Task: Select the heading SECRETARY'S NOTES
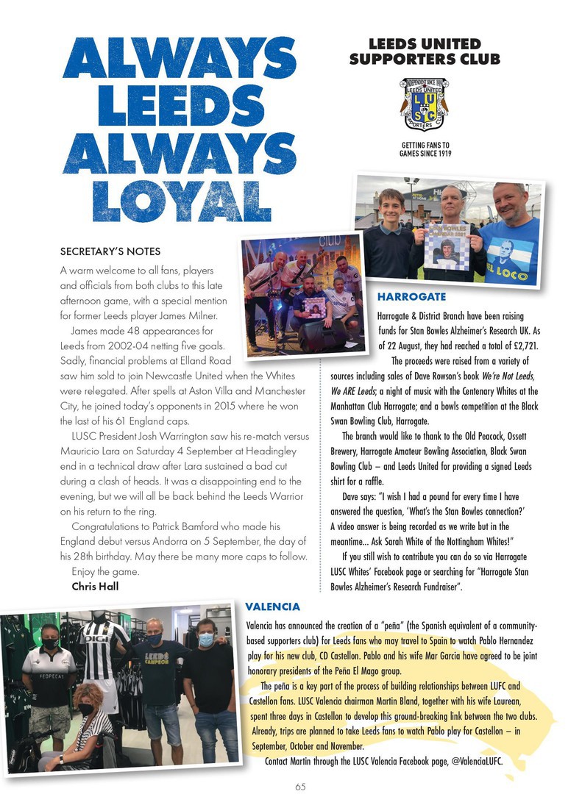point(110,251)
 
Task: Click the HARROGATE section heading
point(411,296)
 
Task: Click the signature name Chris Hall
point(96,586)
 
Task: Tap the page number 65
point(301,786)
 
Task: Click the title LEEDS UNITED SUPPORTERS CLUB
point(424,51)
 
